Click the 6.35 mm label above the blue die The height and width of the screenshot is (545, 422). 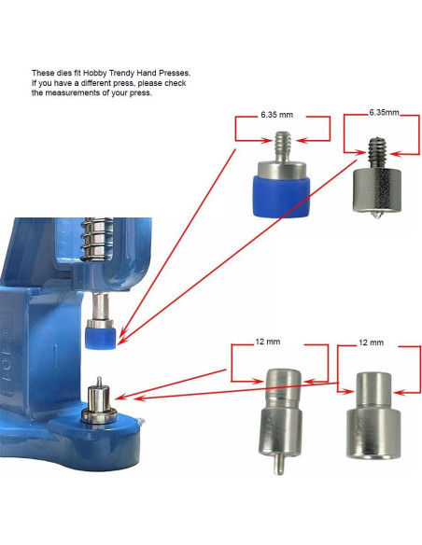pyautogui.click(x=276, y=115)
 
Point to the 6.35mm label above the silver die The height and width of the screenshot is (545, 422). pyautogui.click(x=384, y=113)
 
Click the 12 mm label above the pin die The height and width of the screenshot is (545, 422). pyautogui.click(x=267, y=342)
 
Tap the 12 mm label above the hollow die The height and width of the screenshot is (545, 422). pyautogui.click(x=372, y=342)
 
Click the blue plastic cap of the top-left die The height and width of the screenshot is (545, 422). pyautogui.click(x=282, y=197)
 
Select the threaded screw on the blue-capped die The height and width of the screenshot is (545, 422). pyautogui.click(x=282, y=147)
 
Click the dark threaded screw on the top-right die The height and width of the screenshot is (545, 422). pyautogui.click(x=377, y=154)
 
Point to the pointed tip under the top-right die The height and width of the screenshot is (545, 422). pyautogui.click(x=377, y=215)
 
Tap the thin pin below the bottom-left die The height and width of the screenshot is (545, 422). pyautogui.click(x=277, y=464)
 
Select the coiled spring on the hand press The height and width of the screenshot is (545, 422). pyautogui.click(x=97, y=239)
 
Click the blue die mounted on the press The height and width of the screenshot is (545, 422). pyautogui.click(x=101, y=335)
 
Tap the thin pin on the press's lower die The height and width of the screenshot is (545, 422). pyautogui.click(x=99, y=382)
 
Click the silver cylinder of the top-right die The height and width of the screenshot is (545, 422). pyautogui.click(x=377, y=190)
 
